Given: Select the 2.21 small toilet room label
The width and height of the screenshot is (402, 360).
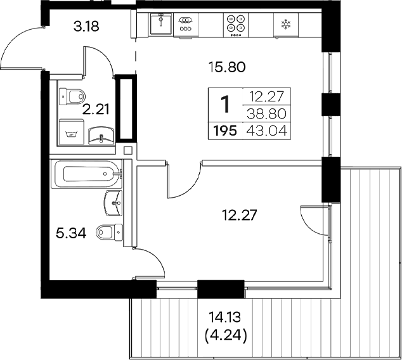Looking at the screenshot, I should pyautogui.click(x=96, y=109).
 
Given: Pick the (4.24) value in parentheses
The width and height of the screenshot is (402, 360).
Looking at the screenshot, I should pyautogui.click(x=226, y=333).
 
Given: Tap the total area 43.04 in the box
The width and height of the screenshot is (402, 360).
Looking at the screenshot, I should pyautogui.click(x=269, y=131).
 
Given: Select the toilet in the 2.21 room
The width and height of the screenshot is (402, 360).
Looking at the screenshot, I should pyautogui.click(x=74, y=97).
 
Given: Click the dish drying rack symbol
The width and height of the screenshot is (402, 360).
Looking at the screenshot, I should pyautogui.click(x=185, y=24).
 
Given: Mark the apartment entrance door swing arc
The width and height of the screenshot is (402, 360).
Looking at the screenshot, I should pyautogui.click(x=19, y=54).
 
